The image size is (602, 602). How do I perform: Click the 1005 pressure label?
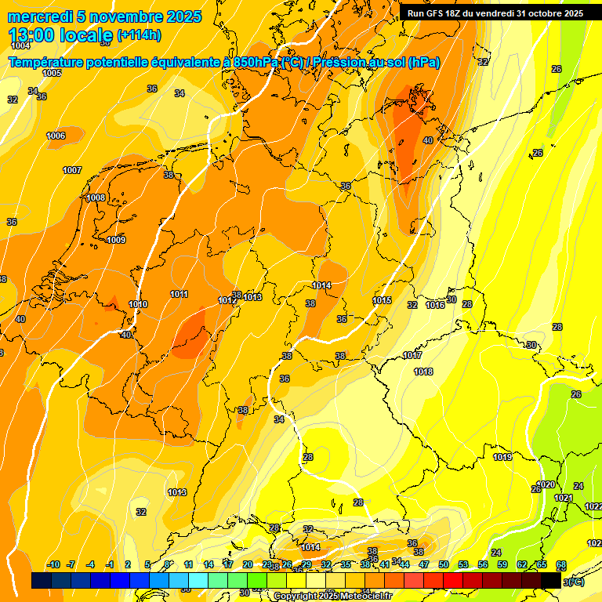click(52, 73)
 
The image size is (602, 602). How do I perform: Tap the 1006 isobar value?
click(56, 136)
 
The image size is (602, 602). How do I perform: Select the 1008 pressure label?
click(96, 198)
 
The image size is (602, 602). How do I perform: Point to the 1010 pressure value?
click(138, 304)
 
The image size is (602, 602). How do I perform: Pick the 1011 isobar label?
click(180, 294)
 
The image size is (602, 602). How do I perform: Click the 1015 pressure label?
click(382, 300)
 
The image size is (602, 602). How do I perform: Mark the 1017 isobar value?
click(413, 355)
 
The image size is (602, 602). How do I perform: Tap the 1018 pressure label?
click(423, 372)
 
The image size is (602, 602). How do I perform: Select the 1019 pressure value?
click(502, 457)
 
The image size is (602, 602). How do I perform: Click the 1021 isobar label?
click(564, 498)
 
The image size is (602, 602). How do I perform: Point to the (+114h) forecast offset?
click(139, 35)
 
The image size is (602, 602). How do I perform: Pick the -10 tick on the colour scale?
click(53, 564)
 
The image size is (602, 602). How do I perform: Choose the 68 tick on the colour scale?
click(561, 564)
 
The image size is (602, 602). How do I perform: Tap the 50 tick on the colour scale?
click(444, 564)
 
